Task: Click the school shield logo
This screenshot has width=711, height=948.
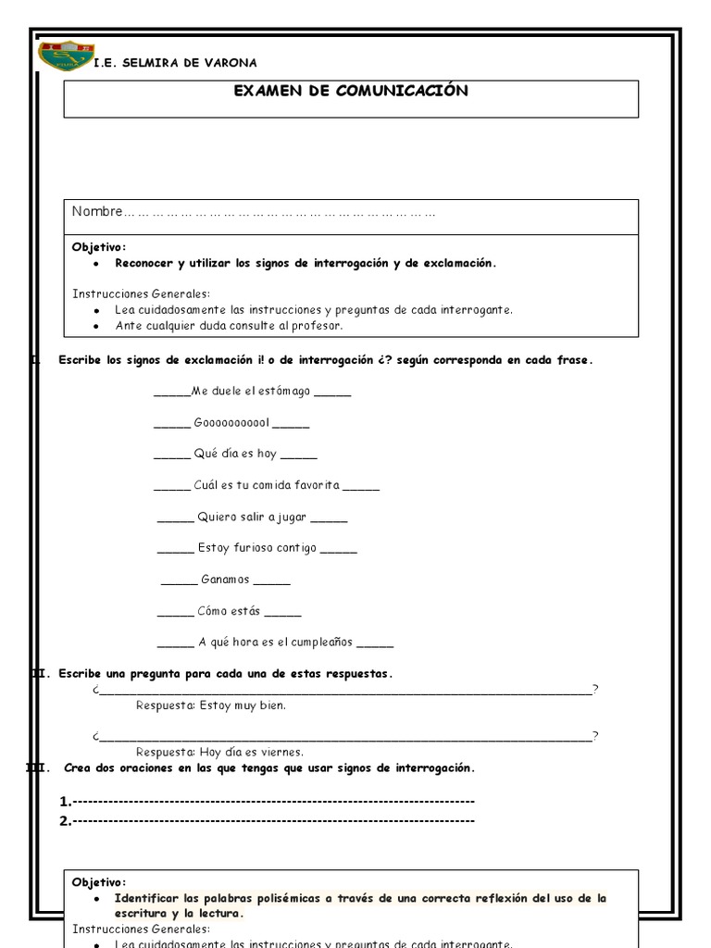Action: coord(65,56)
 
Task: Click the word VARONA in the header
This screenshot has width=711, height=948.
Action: coord(230,63)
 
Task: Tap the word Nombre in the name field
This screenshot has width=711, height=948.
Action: coord(97,212)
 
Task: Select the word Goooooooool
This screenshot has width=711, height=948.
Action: coord(231,423)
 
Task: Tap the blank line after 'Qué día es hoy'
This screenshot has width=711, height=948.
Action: coord(298,455)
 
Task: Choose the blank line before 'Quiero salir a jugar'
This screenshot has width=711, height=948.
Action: coord(175,518)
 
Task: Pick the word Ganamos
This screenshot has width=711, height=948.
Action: coord(225,580)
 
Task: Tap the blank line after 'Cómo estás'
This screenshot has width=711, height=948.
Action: coord(282,612)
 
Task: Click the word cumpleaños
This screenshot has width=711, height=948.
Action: coord(327,642)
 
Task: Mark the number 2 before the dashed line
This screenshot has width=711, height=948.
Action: coord(64,820)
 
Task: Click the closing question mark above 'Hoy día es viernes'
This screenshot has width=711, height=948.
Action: coord(595,736)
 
